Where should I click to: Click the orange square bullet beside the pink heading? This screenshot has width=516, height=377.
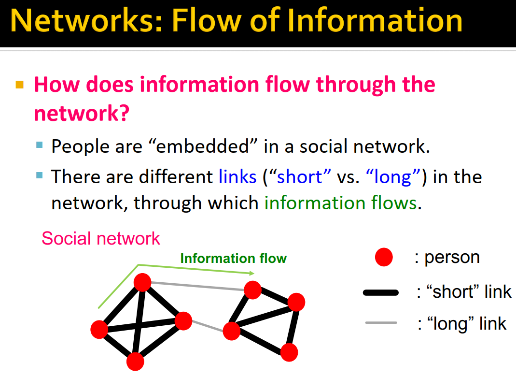coord(20,86)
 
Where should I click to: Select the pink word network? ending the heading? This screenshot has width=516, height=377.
coord(81,113)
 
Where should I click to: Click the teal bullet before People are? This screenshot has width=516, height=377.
coord(40,145)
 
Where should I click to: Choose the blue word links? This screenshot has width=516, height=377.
coord(237,177)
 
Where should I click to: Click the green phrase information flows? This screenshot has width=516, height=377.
coord(340,203)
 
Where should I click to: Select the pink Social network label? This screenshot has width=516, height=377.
coord(100,238)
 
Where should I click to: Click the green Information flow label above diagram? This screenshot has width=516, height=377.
coord(233,259)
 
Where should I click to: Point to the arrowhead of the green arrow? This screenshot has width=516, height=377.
coord(251,273)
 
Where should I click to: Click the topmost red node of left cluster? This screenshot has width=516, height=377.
coord(142,282)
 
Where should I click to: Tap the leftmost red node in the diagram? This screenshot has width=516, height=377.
coord(99,329)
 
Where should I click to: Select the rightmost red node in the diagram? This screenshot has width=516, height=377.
coord(296,302)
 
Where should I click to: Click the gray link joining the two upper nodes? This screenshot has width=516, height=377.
coord(198,286)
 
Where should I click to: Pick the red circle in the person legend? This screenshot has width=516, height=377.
coord(384,258)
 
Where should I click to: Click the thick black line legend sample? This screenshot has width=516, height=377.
coord(381,292)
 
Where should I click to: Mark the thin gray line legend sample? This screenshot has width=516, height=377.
coord(381,323)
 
